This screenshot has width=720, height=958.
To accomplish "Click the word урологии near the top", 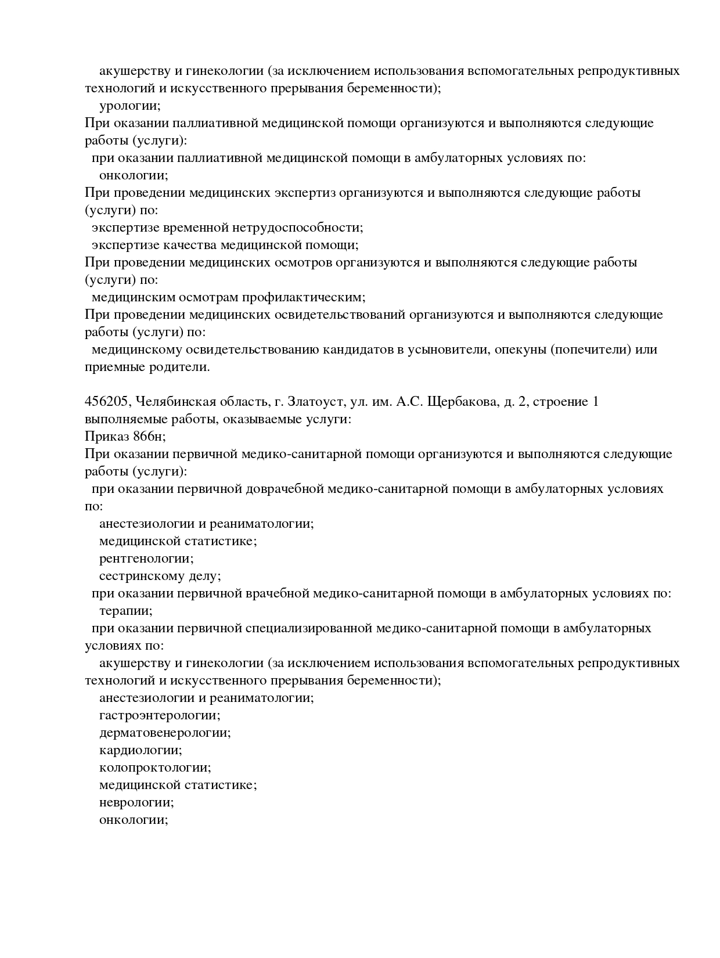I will pyautogui.click(x=128, y=106).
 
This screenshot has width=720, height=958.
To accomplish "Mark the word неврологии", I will pyautogui.click(x=135, y=802).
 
